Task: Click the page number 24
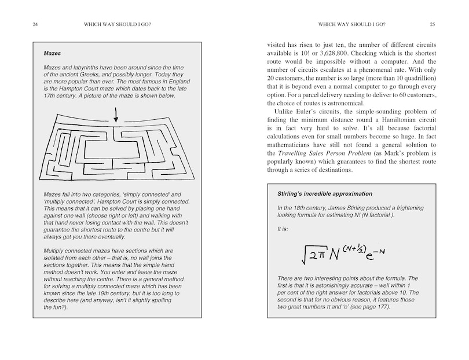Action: click(20, 24)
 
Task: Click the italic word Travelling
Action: click(287, 153)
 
